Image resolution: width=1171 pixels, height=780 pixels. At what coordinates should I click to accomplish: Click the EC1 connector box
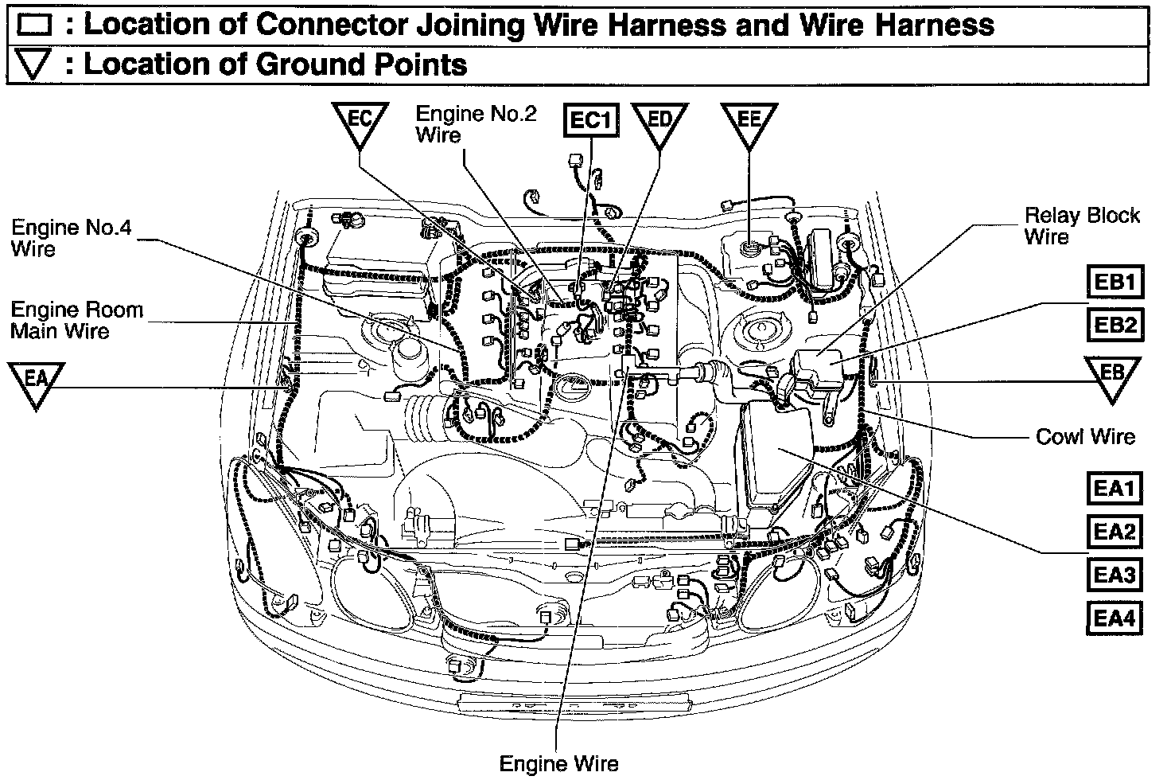pyautogui.click(x=591, y=120)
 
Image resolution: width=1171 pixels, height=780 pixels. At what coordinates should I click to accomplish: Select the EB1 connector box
pyautogui.click(x=1114, y=283)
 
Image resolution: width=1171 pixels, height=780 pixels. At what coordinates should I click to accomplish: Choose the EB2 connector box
pyautogui.click(x=1114, y=325)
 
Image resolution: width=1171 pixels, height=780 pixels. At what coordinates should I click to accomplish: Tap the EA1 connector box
pyautogui.click(x=1114, y=488)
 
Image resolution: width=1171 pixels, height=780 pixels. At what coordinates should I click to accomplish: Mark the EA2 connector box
pyautogui.click(x=1114, y=531)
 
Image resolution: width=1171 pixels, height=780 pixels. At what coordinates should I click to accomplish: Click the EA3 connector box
pyautogui.click(x=1114, y=574)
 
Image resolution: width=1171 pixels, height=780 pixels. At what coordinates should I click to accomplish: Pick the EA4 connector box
pyautogui.click(x=1114, y=617)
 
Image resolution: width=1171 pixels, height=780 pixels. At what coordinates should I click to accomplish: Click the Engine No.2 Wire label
pyautogui.click(x=476, y=123)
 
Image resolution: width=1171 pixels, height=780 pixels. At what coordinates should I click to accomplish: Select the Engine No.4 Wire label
pyautogui.click(x=70, y=239)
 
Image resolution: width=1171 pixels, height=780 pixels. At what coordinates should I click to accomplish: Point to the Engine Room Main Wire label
pyautogui.click(x=76, y=319)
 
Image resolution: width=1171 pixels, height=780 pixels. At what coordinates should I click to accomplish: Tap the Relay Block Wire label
pyautogui.click(x=1081, y=225)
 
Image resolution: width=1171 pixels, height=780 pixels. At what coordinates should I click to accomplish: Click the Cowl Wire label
pyautogui.click(x=1085, y=436)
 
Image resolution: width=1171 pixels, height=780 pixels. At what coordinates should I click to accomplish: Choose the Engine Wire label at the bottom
pyautogui.click(x=558, y=764)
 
